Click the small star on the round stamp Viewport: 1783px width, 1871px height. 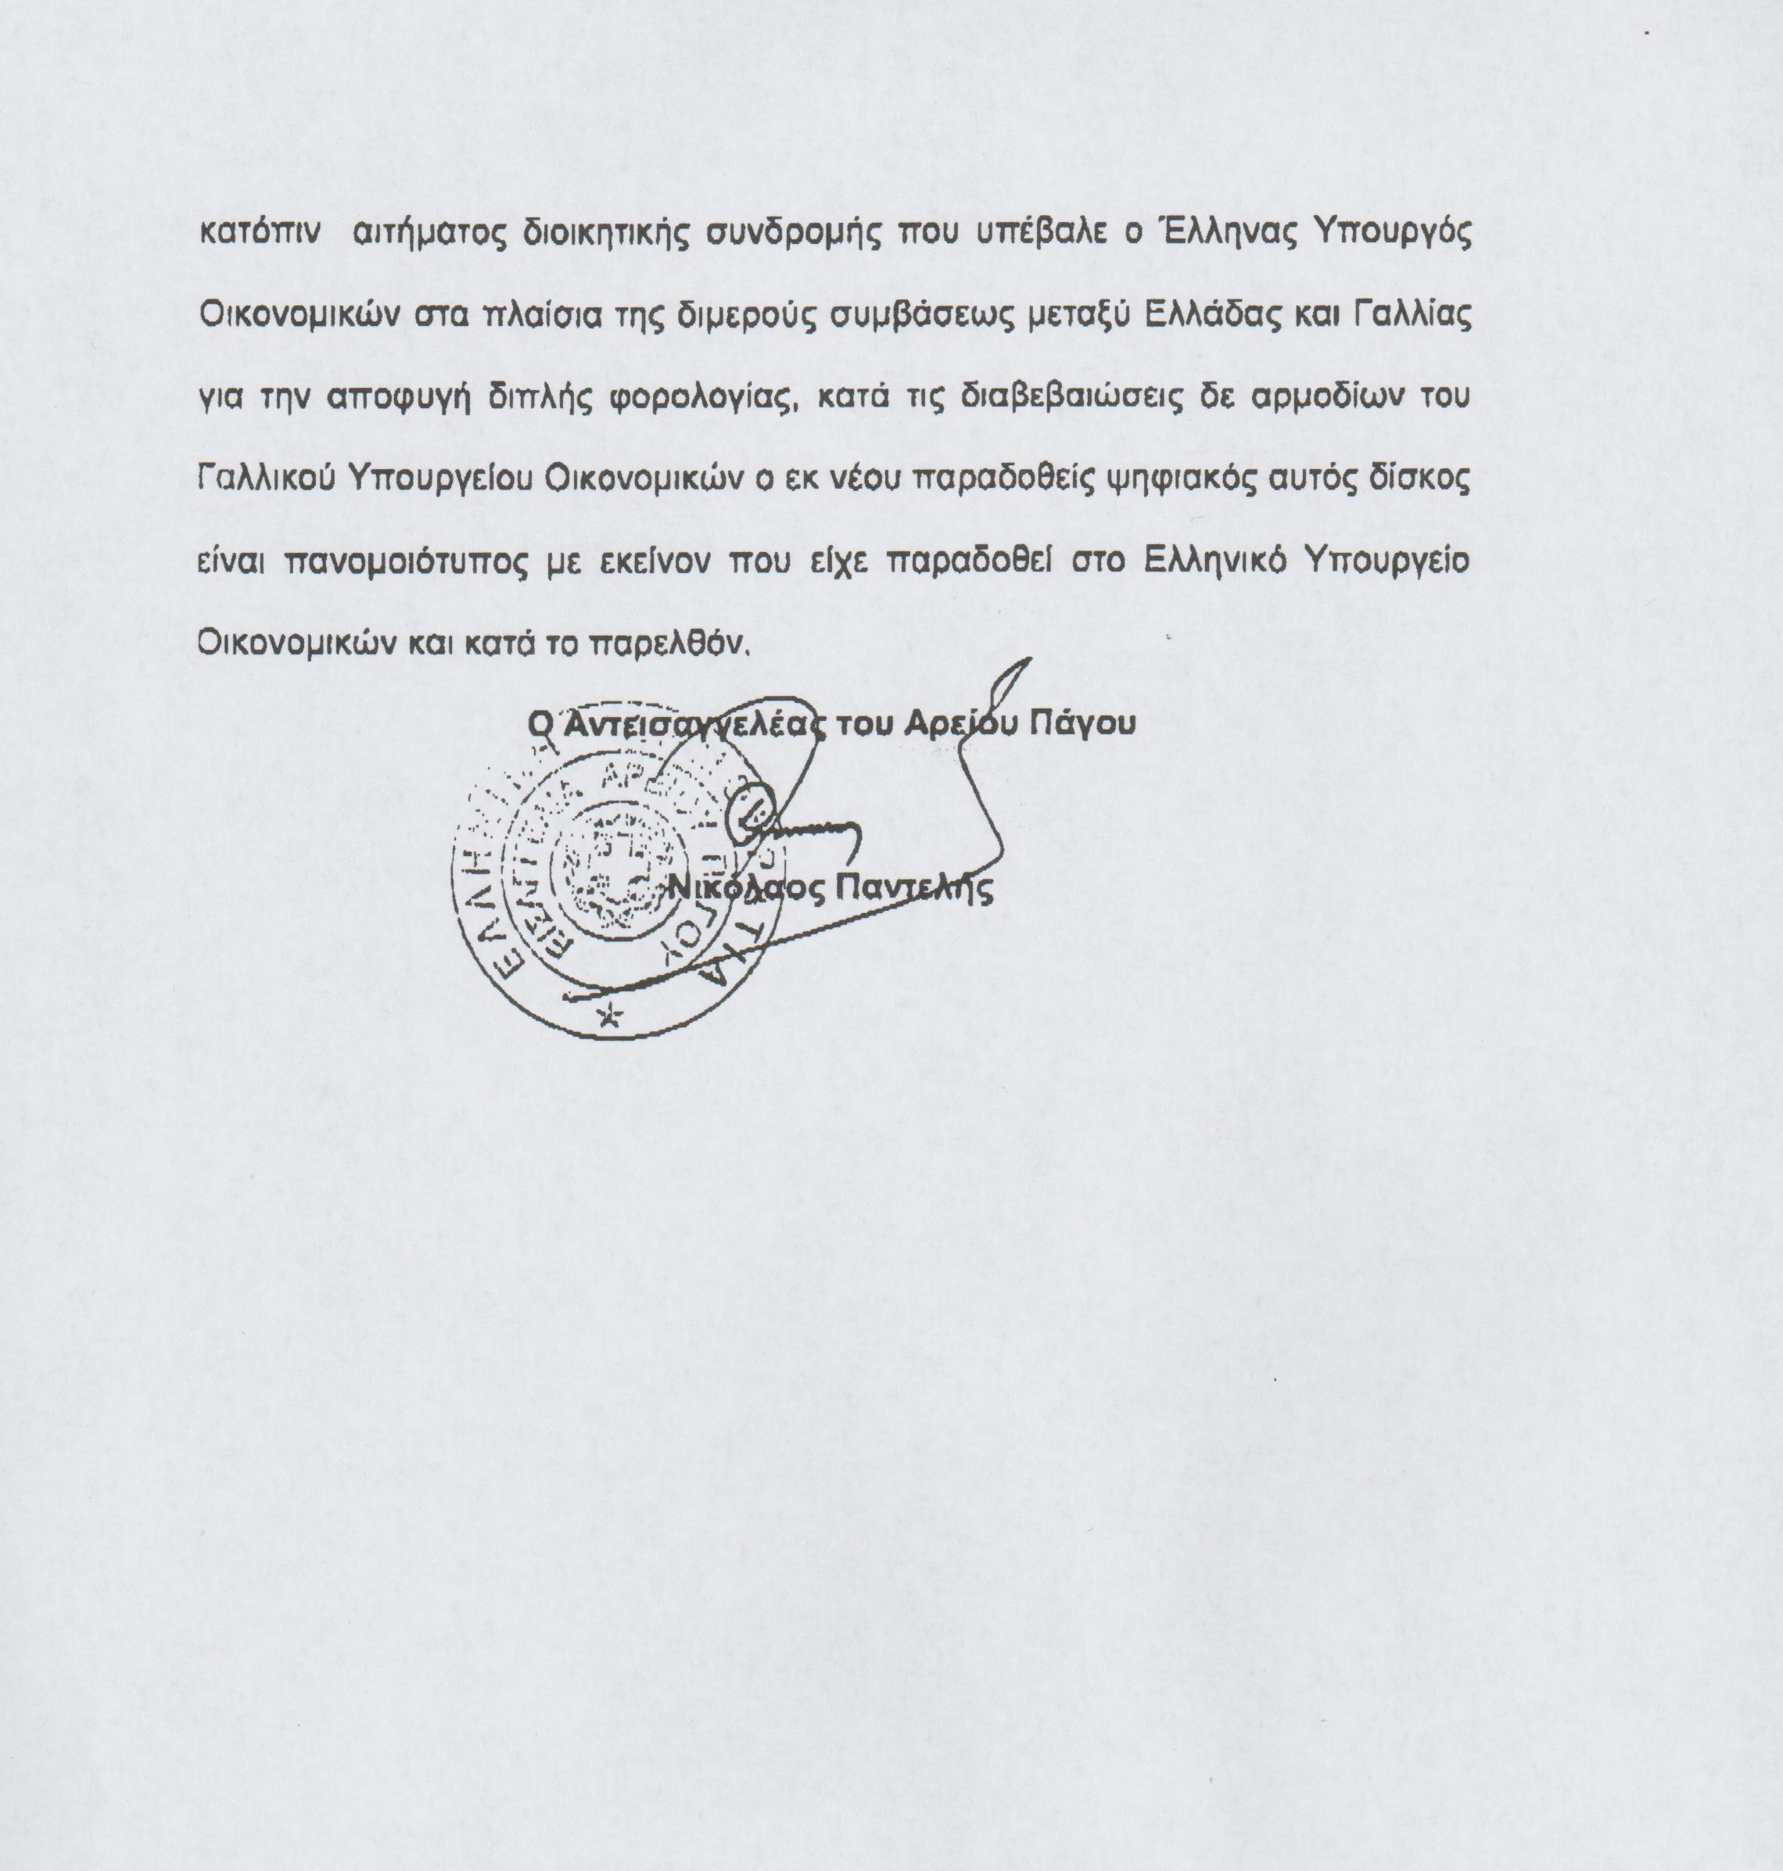608,1018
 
